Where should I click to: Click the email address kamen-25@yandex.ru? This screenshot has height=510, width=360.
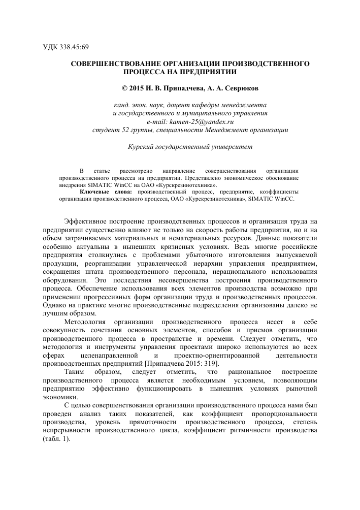tap(190, 122)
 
